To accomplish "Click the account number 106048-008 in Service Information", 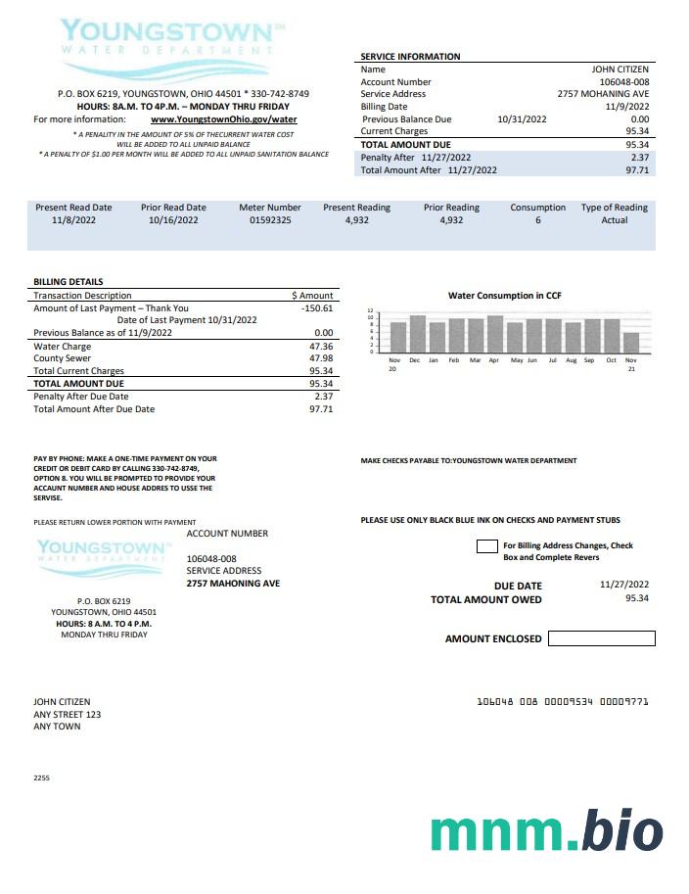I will [624, 82].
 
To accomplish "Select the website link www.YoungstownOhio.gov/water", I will [224, 119].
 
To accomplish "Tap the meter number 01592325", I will [270, 220].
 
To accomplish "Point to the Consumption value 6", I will [537, 220].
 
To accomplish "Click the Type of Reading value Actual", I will [615, 220].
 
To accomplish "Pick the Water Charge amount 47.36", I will [320, 347].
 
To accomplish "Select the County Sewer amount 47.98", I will [320, 359].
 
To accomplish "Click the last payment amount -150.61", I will [317, 308].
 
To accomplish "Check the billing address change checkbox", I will [486, 546].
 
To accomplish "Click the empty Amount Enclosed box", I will [601, 638].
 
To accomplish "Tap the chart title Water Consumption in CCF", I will [504, 295].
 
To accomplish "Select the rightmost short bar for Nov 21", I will [631, 342].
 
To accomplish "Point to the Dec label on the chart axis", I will [414, 360].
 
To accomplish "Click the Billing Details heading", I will [69, 282].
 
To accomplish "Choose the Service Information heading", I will [410, 57].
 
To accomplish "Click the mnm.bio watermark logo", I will [546, 831].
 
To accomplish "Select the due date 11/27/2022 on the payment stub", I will [624, 585].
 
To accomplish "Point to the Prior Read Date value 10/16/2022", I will [173, 220].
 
